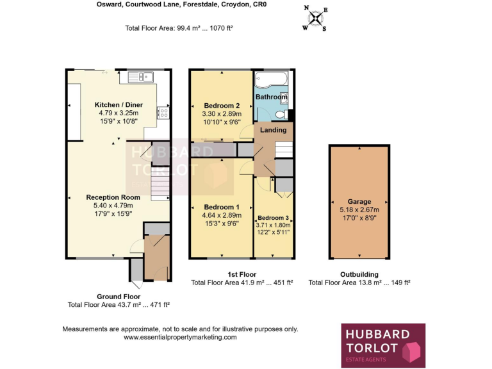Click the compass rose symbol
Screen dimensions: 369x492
pos(315,18)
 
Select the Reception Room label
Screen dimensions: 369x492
pos(113,197)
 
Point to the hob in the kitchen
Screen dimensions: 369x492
pos(162,113)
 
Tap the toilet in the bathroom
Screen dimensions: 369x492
pos(280,114)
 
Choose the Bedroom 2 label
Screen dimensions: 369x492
pos(222,106)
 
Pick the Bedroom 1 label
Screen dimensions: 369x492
pos(222,207)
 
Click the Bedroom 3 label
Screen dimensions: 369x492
pos(274,218)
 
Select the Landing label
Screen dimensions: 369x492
pos(273,130)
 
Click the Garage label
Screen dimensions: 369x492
pos(359,202)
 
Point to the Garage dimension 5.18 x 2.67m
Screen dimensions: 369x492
pos(359,209)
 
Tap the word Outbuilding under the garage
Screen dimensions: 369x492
pos(359,274)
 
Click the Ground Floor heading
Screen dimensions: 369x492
pos(119,296)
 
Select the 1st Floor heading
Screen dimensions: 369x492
pos(242,274)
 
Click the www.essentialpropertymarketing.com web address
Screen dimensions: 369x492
pos(180,337)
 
